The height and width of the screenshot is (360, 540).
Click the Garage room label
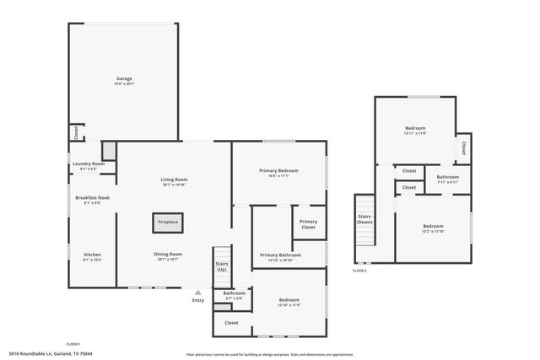point(123,79)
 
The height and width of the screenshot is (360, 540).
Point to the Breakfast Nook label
point(92,198)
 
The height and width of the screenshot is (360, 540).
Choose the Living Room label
point(174,180)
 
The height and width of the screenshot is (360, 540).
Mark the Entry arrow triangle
point(198,293)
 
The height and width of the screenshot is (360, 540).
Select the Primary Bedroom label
point(278,171)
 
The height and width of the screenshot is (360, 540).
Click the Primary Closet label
point(308,224)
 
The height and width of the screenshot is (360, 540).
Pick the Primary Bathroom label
point(280,255)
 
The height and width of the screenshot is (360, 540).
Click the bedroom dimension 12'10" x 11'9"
point(289,305)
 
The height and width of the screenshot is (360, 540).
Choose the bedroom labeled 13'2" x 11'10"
point(433,228)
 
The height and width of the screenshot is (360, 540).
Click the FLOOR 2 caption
point(360,270)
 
